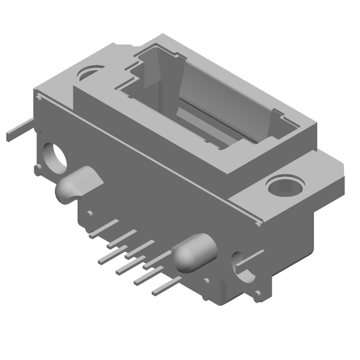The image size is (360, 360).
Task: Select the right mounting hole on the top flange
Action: [x=284, y=185]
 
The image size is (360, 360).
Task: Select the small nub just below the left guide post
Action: [x=90, y=213]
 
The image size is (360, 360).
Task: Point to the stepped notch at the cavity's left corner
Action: [x=135, y=72]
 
